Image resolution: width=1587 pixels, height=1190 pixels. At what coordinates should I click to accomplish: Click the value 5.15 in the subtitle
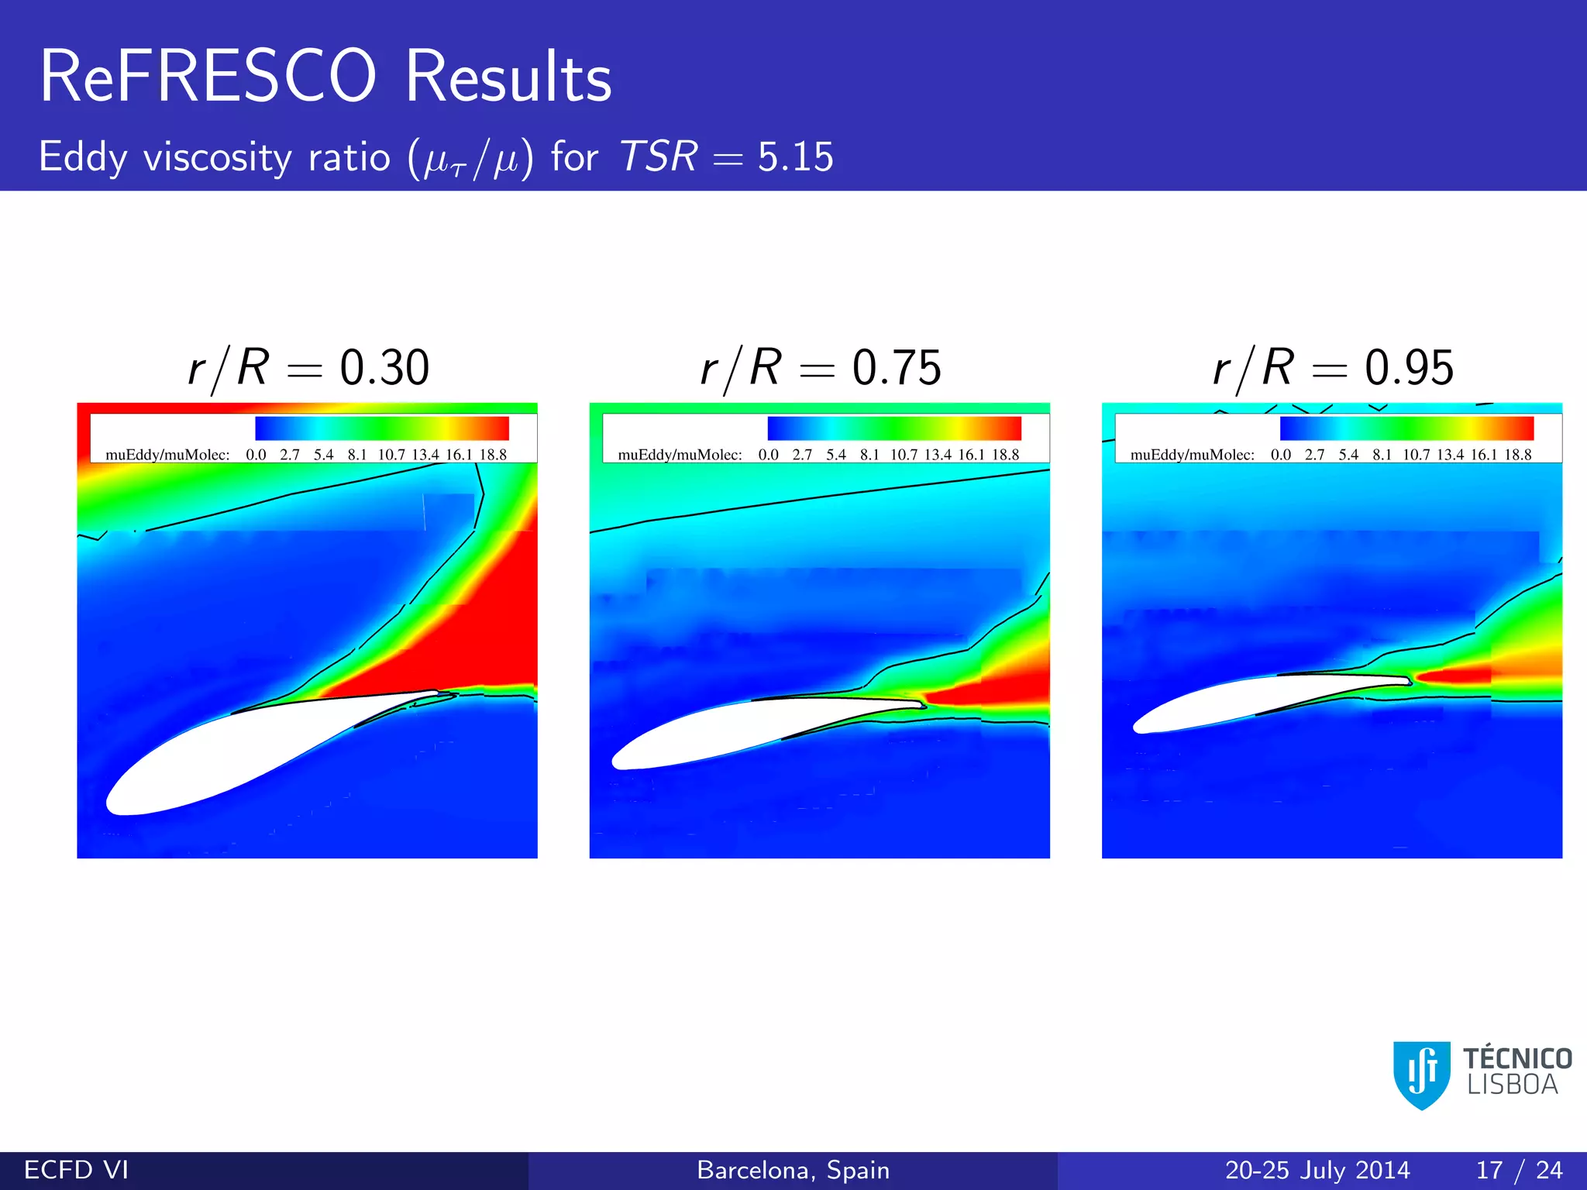click(x=795, y=157)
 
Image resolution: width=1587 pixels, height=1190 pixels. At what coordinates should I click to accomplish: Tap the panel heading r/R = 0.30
click(x=308, y=367)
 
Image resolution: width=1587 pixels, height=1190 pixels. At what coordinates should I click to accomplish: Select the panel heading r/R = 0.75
click(x=821, y=367)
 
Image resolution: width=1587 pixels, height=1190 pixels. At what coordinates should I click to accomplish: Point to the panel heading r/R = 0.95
click(x=1333, y=367)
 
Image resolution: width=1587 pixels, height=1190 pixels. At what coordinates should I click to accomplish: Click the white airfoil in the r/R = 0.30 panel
click(x=232, y=759)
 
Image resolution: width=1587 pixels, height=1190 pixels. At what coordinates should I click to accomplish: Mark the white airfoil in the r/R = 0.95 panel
click(x=1240, y=701)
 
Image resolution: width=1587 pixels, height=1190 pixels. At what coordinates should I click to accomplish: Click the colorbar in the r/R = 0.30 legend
click(x=382, y=428)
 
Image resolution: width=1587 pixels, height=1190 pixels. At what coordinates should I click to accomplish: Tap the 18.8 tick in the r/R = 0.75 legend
click(x=1006, y=455)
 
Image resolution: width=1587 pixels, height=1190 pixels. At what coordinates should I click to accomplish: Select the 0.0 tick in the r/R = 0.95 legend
click(x=1281, y=455)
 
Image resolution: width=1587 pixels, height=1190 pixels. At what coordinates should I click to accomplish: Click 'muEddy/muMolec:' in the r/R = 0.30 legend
click(x=167, y=455)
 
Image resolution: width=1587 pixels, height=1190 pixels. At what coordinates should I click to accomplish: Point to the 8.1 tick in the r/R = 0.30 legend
click(x=357, y=455)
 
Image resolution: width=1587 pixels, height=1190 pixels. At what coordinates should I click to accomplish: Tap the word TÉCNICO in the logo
click(x=1516, y=1058)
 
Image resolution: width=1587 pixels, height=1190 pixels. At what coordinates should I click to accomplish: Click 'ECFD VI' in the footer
click(x=76, y=1170)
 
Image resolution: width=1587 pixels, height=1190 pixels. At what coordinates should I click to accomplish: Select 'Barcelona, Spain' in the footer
click(x=793, y=1170)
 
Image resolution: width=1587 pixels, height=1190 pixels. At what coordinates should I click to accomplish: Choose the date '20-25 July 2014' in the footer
click(x=1317, y=1170)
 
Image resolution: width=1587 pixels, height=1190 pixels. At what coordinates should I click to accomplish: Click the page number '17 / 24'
click(x=1519, y=1170)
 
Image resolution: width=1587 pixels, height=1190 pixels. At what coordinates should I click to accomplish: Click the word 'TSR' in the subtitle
click(x=659, y=157)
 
